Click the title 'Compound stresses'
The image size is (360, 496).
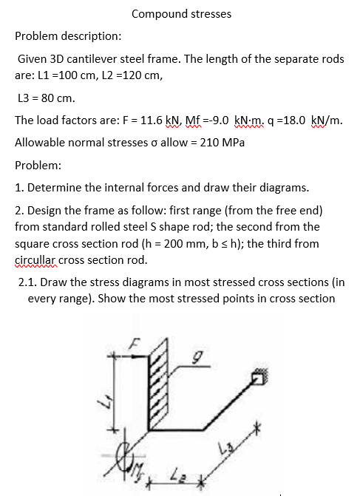[181, 14]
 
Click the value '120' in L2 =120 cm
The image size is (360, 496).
[126, 75]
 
